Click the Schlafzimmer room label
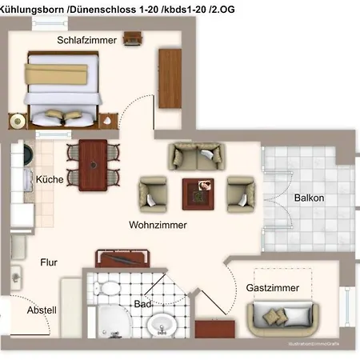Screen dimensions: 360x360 (87, 40)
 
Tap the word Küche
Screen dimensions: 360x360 (50, 180)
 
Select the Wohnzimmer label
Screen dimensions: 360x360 (158, 226)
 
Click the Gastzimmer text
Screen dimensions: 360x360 (273, 287)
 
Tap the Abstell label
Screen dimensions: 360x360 (42, 310)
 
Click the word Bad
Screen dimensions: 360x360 (143, 305)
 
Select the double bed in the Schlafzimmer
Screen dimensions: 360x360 (62, 86)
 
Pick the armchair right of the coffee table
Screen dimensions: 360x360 (240, 192)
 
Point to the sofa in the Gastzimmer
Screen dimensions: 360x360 (279, 318)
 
